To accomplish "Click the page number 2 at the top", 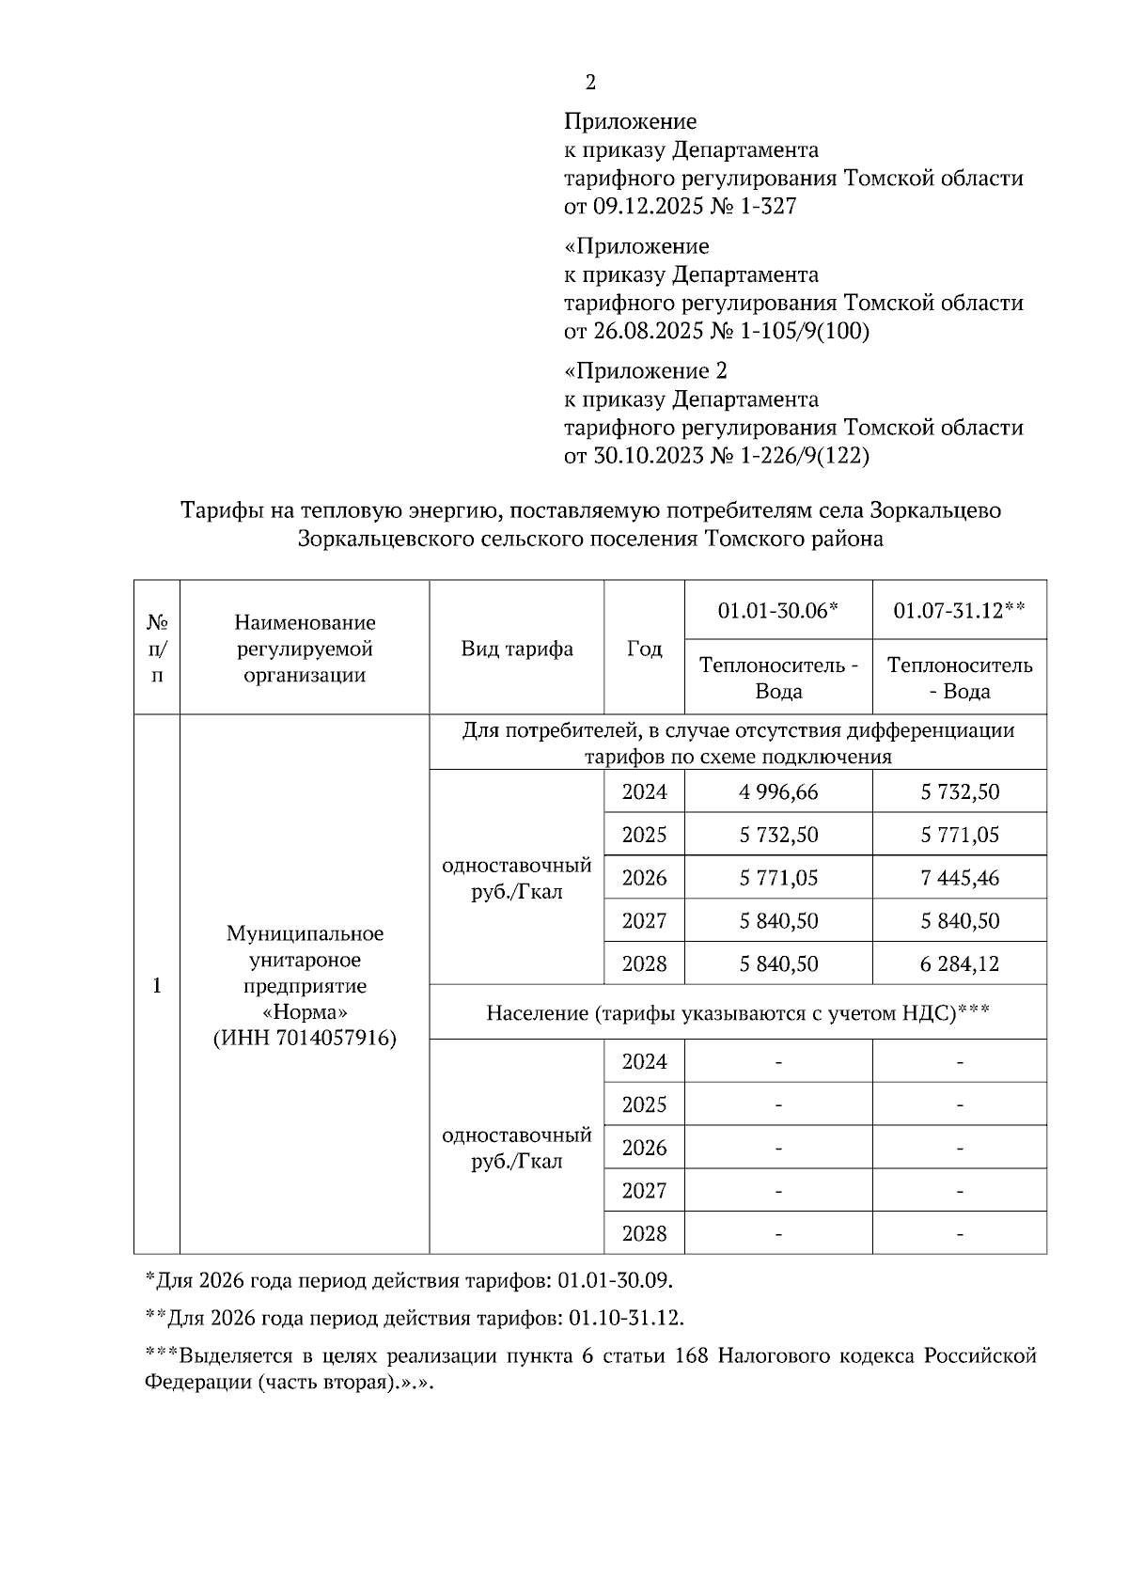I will pyautogui.click(x=590, y=83).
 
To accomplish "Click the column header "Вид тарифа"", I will pyautogui.click(x=517, y=649).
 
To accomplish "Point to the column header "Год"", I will pyautogui.click(x=644, y=649).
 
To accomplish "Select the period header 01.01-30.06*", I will pyautogui.click(x=777, y=611).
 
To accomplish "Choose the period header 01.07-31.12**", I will pyautogui.click(x=959, y=611).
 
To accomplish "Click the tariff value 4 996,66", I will pyautogui.click(x=778, y=791).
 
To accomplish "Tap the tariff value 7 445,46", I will pyautogui.click(x=959, y=878).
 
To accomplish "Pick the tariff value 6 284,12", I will pyautogui.click(x=959, y=963).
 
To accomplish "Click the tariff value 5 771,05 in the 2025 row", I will pyautogui.click(x=959, y=835).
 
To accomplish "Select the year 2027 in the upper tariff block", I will pyautogui.click(x=644, y=921).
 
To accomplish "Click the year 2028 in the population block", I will pyautogui.click(x=644, y=1233).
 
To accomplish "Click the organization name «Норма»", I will pyautogui.click(x=305, y=1012).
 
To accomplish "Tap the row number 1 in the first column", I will pyautogui.click(x=156, y=985).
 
